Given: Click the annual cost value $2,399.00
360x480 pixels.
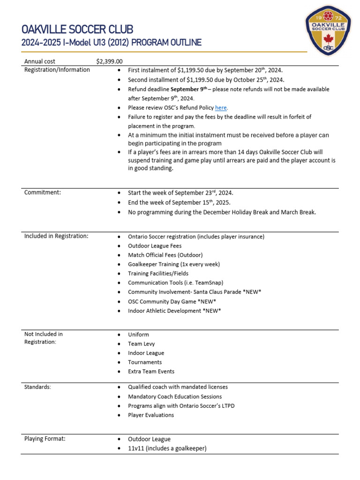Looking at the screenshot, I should (109, 61).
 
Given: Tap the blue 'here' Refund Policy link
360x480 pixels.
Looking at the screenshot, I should (221, 108).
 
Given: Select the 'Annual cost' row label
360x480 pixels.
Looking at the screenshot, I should (40, 61).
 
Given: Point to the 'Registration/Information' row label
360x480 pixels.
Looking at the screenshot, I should (57, 70).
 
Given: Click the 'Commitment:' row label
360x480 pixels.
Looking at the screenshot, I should (43, 193).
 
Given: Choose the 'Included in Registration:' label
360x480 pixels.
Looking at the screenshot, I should (56, 236).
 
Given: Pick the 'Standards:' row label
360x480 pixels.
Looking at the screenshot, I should (38, 387).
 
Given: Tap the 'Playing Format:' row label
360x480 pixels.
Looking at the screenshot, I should (45, 439).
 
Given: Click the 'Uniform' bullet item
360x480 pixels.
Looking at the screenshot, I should (138, 335).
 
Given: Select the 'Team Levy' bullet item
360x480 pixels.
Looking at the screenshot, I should (141, 344).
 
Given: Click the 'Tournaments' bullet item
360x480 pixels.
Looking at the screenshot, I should (145, 362).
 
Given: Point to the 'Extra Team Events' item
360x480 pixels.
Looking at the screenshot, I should (151, 371).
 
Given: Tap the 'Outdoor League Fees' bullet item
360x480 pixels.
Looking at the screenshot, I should (155, 246).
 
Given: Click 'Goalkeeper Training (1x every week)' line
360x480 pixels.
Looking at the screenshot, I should (174, 264).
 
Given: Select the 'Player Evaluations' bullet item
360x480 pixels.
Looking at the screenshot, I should (151, 415).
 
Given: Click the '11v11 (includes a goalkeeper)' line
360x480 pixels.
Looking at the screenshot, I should (167, 448).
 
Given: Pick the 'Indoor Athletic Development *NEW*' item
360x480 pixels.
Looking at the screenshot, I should (174, 310).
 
